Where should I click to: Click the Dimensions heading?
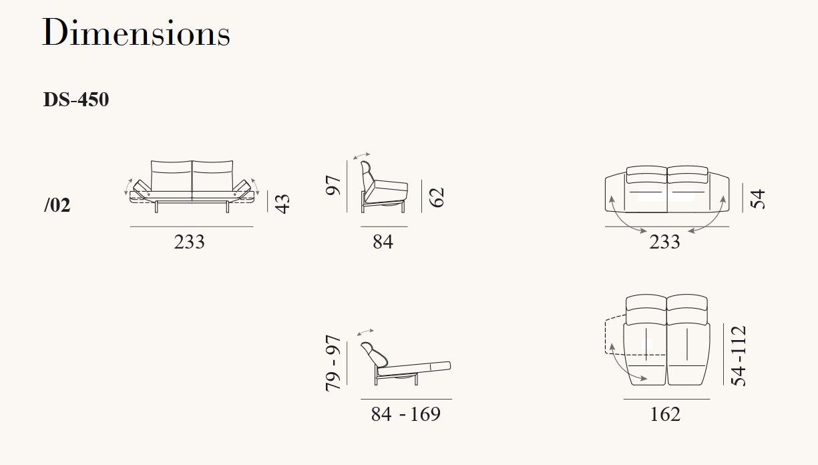(x=136, y=33)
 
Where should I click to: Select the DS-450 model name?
(x=76, y=100)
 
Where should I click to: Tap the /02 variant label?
(x=57, y=205)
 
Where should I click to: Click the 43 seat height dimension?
(x=282, y=204)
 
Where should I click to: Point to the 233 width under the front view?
(x=189, y=242)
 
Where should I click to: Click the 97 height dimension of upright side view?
(x=333, y=185)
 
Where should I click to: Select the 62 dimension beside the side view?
(x=437, y=197)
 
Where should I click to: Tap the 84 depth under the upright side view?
(x=383, y=242)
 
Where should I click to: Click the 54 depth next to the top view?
(x=758, y=199)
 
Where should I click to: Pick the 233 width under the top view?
(x=664, y=242)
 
